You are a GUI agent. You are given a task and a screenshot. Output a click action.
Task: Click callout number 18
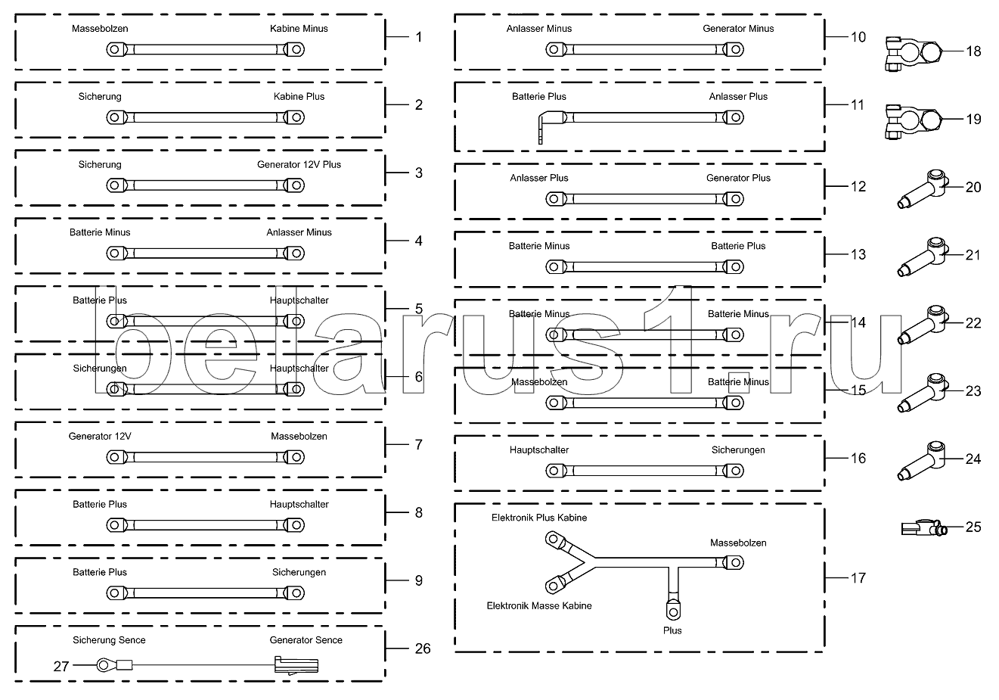pos(973,51)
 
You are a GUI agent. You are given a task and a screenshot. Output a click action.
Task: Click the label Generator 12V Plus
pos(299,165)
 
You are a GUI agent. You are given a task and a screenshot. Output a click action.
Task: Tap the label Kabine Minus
pos(299,29)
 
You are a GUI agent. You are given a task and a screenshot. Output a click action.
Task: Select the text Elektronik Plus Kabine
pos(538,518)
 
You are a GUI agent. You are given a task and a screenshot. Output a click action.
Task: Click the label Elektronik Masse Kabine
pos(538,606)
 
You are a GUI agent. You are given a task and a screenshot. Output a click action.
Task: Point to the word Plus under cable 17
pos(672,630)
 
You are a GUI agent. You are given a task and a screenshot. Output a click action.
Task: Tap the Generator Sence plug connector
pos(296,666)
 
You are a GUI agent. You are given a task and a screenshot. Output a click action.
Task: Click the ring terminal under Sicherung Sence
pos(104,666)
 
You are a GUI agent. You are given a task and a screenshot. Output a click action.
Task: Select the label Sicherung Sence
pos(109,640)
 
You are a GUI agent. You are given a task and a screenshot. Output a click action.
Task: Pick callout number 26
pos(423,649)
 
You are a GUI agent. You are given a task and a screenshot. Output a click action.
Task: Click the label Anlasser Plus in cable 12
pos(538,179)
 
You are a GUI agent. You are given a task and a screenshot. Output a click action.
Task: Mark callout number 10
pos(858,36)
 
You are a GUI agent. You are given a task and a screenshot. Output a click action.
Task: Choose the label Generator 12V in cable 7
pos(100,437)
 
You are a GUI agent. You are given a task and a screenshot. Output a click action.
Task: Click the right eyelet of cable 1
pos(294,50)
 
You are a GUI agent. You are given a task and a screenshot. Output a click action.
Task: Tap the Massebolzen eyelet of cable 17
pos(733,562)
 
